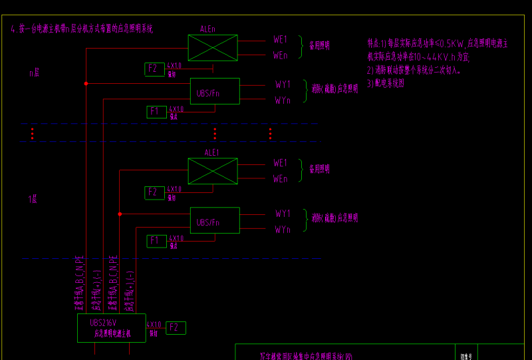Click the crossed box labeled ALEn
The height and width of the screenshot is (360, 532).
click(x=213, y=48)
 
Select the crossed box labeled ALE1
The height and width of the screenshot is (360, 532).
click(x=213, y=171)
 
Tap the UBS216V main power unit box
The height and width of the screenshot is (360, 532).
click(x=112, y=328)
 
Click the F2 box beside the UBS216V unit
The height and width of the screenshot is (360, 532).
click(x=176, y=327)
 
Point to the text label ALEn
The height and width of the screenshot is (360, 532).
click(x=208, y=29)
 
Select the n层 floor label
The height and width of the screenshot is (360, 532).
click(x=35, y=72)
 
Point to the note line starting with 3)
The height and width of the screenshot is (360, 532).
click(x=386, y=84)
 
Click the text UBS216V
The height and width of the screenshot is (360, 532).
click(x=103, y=323)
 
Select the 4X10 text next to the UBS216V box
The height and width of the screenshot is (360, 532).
click(x=154, y=325)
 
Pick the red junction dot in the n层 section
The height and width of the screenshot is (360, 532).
click(x=86, y=83)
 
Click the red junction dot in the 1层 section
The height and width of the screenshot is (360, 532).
click(x=120, y=214)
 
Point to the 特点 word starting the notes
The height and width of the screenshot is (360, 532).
click(x=374, y=42)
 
